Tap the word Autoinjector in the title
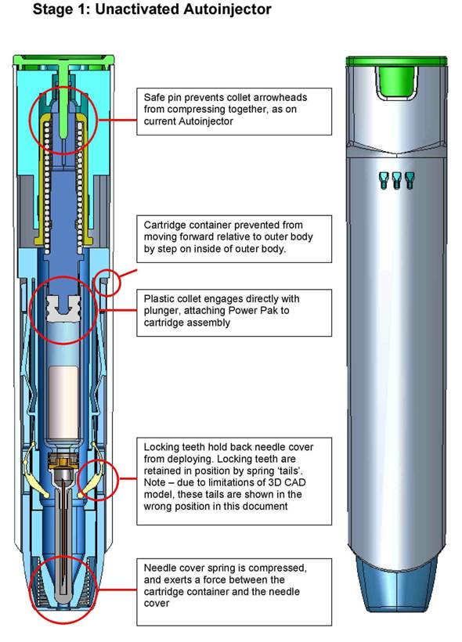click(227, 9)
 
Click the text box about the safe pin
click(234, 111)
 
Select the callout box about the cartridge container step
click(234, 239)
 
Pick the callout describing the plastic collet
click(234, 313)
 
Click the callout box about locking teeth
click(234, 481)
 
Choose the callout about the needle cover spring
click(234, 592)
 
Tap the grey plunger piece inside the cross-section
click(63, 308)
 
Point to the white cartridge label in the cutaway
click(63, 402)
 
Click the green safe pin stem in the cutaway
click(63, 104)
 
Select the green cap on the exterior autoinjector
click(396, 61)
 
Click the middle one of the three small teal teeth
click(396, 181)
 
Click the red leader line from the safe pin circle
click(117, 120)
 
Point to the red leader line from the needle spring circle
click(117, 590)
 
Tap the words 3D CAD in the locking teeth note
click(286, 482)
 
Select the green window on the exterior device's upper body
click(396, 82)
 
